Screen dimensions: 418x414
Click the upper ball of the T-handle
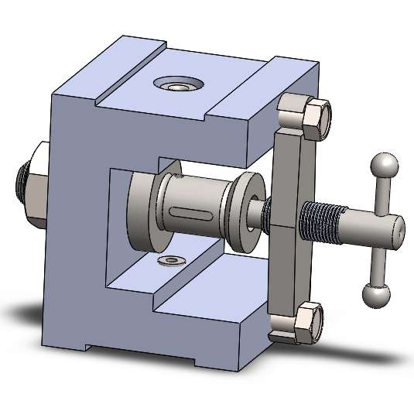click(x=385, y=165)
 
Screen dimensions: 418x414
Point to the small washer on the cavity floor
click(x=169, y=260)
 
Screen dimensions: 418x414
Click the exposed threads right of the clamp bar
click(x=321, y=221)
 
